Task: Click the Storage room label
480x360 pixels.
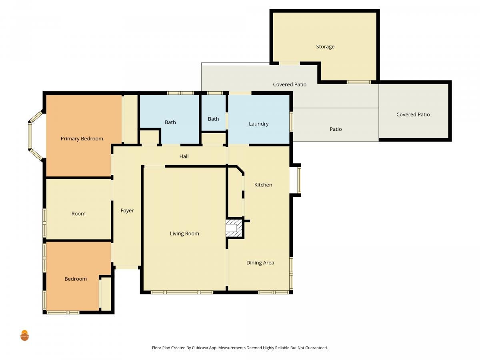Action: pos(325,46)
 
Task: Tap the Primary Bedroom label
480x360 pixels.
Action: pos(82,138)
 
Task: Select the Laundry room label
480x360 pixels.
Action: pos(258,124)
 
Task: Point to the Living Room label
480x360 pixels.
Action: pos(184,234)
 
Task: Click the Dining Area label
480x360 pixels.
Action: pos(260,263)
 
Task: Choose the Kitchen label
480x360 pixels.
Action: pos(263,185)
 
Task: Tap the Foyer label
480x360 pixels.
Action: pos(127,210)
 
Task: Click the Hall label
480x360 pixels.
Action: pos(184,156)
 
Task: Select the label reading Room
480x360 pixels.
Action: pos(78,214)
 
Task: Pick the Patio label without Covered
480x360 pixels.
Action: pos(336,129)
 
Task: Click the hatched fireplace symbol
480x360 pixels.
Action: pos(234,228)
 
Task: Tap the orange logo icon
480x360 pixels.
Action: pos(24,335)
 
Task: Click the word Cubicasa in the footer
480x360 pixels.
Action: pos(200,348)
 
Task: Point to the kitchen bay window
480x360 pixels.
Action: pos(299,180)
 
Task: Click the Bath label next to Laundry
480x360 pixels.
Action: pos(213,119)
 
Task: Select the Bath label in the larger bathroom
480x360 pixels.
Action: pos(170,122)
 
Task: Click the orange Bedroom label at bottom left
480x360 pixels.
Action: pos(76,279)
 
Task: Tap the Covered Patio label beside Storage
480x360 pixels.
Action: pos(290,84)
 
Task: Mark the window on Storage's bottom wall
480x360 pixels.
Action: pos(359,82)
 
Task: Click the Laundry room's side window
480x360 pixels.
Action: pos(291,122)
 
